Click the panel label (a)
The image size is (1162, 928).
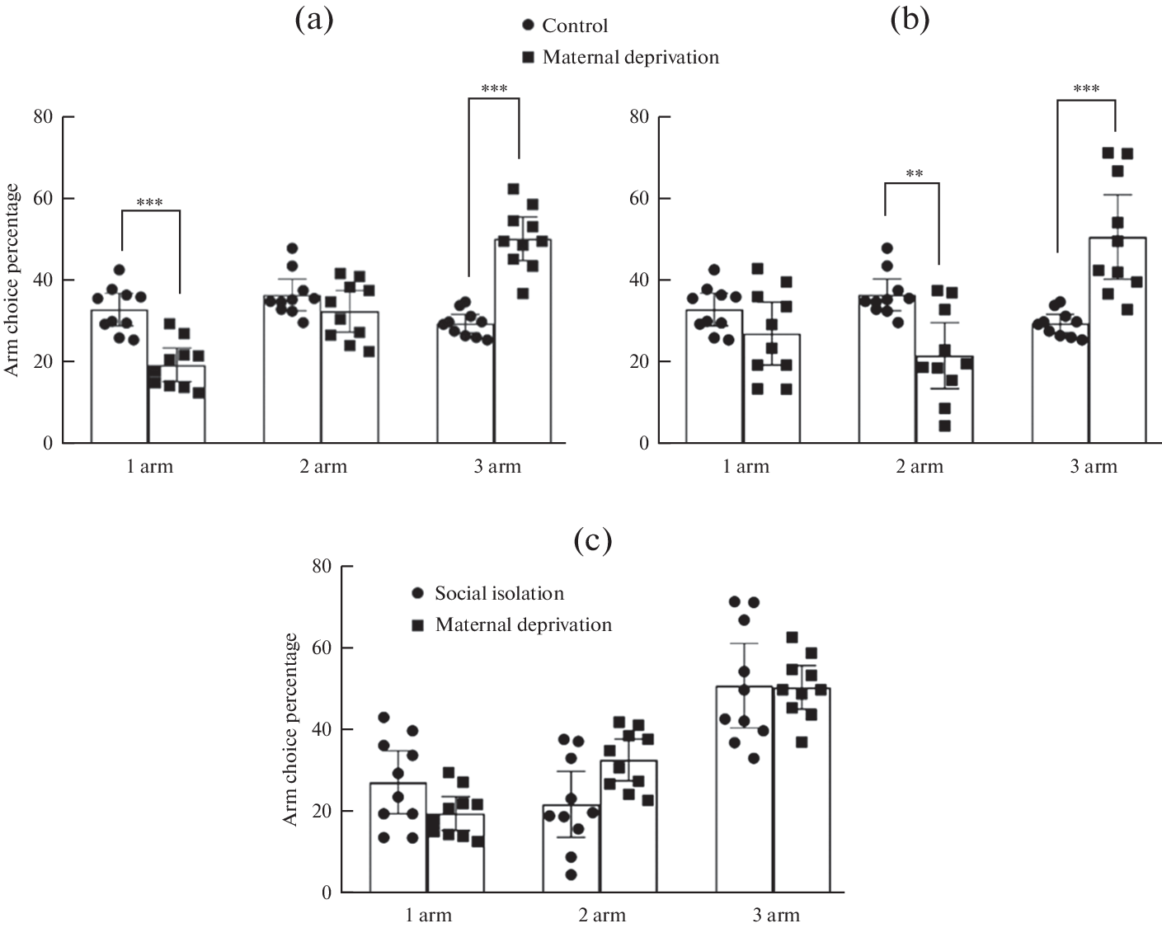coord(313,20)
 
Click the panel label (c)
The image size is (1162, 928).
coord(592,540)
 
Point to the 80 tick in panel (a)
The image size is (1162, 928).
coord(43,117)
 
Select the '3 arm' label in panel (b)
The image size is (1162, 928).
coord(1094,467)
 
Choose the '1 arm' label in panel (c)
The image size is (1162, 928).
coord(429,915)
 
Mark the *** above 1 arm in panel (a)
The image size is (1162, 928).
coord(150,203)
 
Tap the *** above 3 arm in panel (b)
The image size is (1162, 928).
coord(1085,89)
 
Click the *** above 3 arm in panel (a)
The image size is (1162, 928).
coord(493,89)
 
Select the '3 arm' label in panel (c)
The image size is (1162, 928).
coord(777,915)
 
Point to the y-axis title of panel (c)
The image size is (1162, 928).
coord(290,729)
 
